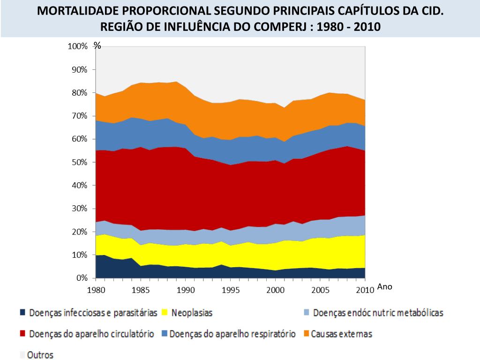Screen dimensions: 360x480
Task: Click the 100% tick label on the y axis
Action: [78, 46]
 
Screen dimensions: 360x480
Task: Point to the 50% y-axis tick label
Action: [80, 162]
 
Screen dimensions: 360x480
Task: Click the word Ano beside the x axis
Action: [384, 287]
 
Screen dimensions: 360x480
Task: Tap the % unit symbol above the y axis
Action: [97, 45]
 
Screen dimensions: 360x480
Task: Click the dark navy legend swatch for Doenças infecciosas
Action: [22, 312]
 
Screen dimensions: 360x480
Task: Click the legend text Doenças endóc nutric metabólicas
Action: [378, 312]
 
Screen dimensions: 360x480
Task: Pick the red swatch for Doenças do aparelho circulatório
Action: [22, 334]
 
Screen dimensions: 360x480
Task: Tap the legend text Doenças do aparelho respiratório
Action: [232, 334]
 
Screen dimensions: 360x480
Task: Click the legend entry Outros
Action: [40, 355]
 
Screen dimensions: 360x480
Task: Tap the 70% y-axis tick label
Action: [80, 116]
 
